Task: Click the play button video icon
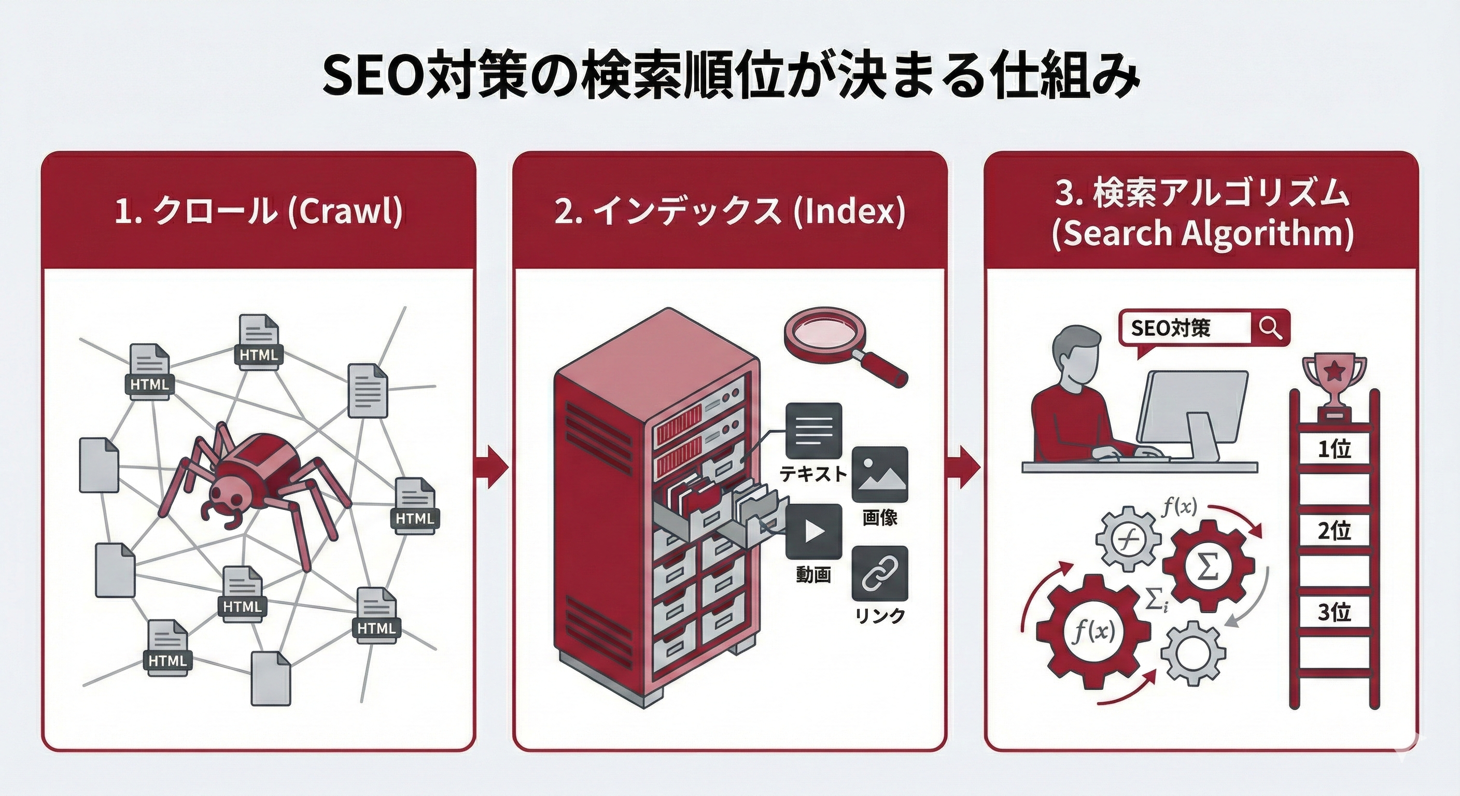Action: (814, 531)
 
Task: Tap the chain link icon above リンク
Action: (880, 573)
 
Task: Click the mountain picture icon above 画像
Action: (880, 475)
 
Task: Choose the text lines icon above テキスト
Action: (814, 431)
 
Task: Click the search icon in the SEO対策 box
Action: (1270, 328)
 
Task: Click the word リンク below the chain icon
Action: (880, 616)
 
